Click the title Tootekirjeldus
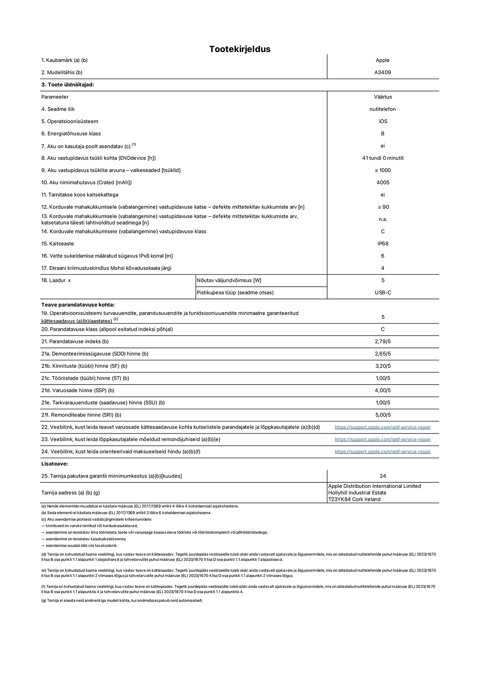[x=240, y=49]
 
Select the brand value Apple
[x=382, y=60]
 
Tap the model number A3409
[x=382, y=72]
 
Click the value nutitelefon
[x=382, y=109]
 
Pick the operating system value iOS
[x=383, y=121]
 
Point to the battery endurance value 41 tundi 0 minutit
[x=382, y=158]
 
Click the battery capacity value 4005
[x=383, y=183]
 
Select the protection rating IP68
[x=383, y=244]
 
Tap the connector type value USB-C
[x=383, y=292]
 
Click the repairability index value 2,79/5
[x=383, y=341]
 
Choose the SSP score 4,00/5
[x=383, y=390]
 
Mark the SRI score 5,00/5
[x=383, y=415]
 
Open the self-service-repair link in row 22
[x=382, y=427]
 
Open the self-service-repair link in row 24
[x=382, y=452]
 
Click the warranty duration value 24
[x=383, y=476]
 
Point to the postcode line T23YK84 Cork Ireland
[x=354, y=499]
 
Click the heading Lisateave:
[x=55, y=464]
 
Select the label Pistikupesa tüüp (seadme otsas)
[x=235, y=292]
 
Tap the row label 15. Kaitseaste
[x=58, y=244]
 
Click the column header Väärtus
[x=383, y=97]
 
